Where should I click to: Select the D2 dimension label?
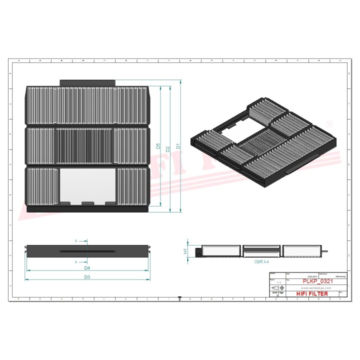[168, 148]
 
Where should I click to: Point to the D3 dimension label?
[87, 276]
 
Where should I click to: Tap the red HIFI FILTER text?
[312, 293]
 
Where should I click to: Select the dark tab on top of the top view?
[87, 82]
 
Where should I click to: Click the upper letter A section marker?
[76, 241]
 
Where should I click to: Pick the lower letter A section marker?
[76, 261]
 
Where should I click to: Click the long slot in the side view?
[87, 251]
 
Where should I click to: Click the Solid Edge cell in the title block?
[275, 293]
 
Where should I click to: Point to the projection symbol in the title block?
[276, 288]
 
